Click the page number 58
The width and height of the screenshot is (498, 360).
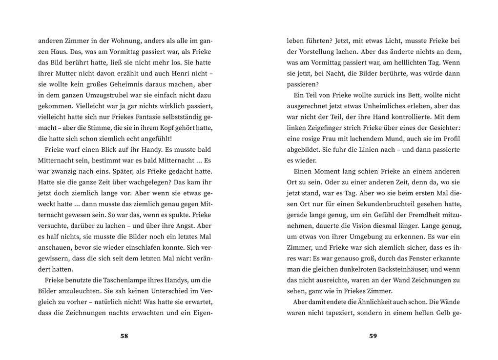(x=124, y=336)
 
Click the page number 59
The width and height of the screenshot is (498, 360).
(x=373, y=336)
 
